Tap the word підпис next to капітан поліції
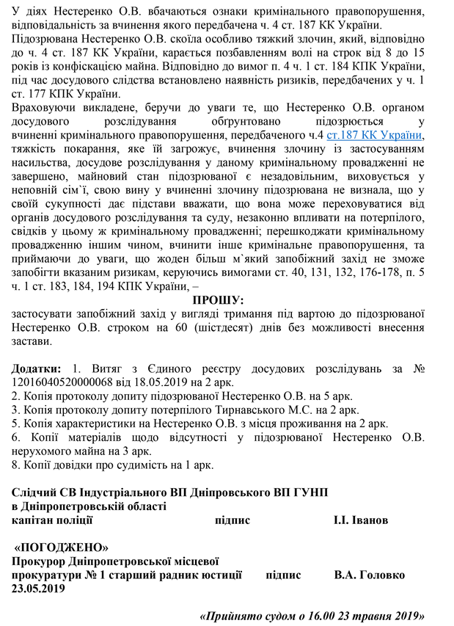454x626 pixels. pyautogui.click(x=233, y=520)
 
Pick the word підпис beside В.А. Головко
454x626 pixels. pyautogui.click(x=284, y=575)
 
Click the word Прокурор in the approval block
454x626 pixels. pyautogui.click(x=40, y=561)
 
